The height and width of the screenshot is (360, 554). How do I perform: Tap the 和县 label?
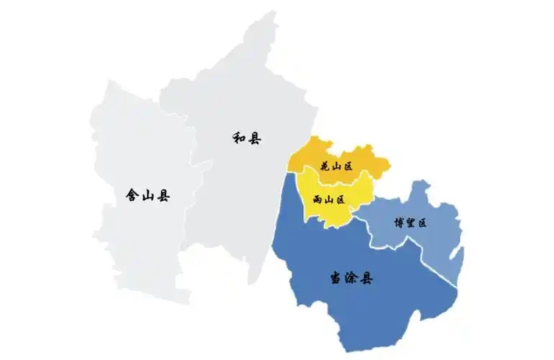point(247,138)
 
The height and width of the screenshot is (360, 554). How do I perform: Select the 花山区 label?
point(337,167)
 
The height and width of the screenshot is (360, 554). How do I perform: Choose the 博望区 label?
point(412,223)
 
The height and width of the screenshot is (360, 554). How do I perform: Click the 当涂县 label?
point(352,279)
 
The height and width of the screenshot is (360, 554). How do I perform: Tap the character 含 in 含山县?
point(132,195)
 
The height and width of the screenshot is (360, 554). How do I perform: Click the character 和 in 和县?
point(240,138)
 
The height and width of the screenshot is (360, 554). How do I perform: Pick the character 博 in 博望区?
point(399,223)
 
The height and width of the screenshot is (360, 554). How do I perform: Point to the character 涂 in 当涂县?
point(352,279)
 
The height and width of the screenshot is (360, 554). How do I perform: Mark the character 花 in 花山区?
point(325,167)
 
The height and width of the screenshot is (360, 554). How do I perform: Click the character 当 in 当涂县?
point(336,279)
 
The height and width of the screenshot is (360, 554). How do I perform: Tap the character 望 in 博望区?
point(412,223)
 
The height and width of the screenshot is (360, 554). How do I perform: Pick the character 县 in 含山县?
point(163,195)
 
